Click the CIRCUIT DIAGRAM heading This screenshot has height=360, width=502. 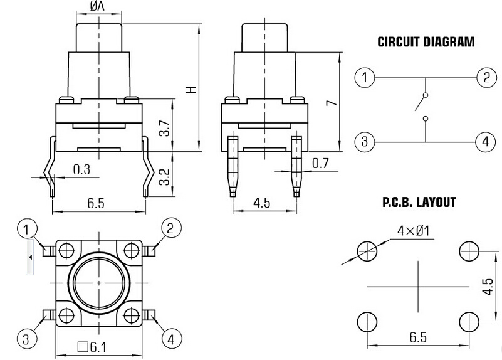(426, 42)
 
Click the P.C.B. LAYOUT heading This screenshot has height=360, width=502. (419, 202)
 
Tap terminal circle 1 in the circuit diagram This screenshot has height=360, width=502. (365, 78)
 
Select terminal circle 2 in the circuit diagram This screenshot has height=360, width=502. (486, 78)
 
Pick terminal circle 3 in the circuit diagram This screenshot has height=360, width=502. (365, 142)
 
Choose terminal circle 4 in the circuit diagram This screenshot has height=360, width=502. (486, 142)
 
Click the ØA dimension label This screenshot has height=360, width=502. (97, 6)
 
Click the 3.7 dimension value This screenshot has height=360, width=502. (165, 128)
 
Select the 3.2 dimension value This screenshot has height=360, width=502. (165, 177)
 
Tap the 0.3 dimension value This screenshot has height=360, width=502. (81, 169)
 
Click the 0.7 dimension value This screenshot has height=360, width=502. (320, 163)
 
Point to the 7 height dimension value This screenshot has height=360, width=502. (332, 103)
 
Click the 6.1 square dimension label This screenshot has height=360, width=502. (92, 347)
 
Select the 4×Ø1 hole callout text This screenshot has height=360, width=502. (413, 231)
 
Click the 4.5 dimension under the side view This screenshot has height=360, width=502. (262, 203)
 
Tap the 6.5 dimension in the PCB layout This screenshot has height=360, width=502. (418, 337)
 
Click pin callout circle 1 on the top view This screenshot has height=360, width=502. (27, 229)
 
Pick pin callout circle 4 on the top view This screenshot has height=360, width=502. (172, 339)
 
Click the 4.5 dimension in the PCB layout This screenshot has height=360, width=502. (488, 287)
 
